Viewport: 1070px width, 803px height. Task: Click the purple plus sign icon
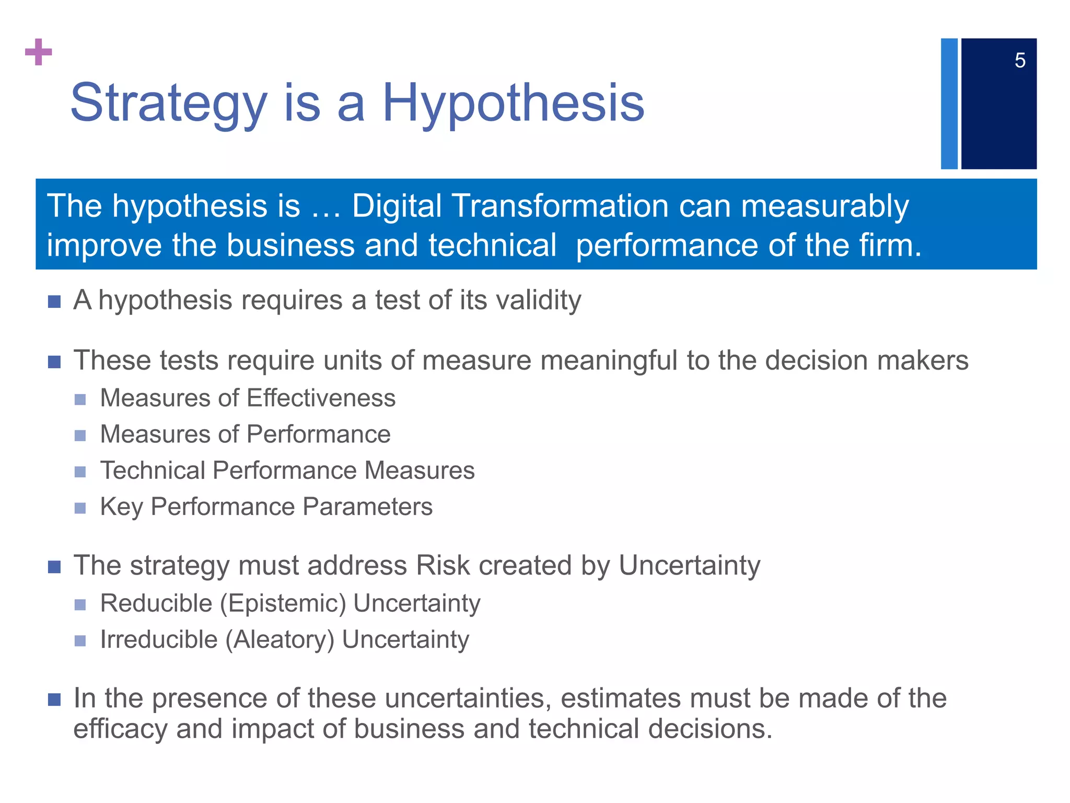coord(39,52)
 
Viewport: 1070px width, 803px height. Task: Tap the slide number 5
coord(1020,61)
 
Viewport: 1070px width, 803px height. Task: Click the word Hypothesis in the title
coord(514,103)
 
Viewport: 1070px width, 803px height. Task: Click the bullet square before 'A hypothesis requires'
coord(54,302)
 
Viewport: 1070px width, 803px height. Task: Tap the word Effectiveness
coord(321,398)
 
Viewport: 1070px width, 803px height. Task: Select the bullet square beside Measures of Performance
coord(80,435)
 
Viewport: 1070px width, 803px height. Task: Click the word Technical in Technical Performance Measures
coord(152,470)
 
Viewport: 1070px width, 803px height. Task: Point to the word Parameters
coord(367,507)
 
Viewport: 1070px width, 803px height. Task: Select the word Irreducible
coord(159,639)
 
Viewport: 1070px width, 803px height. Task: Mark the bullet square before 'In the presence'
coord(54,699)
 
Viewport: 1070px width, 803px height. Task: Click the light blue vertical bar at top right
coord(949,104)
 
